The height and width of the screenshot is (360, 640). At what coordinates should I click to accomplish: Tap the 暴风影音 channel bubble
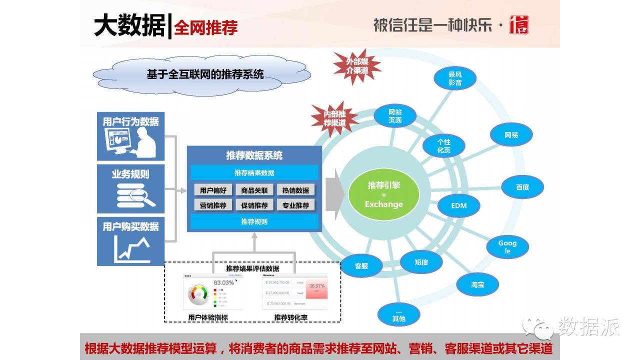pos(454,78)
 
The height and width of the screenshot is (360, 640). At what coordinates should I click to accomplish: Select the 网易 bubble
pos(511,135)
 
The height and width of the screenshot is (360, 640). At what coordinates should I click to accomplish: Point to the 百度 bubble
pos(522,187)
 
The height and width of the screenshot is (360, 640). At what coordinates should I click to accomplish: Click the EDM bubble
pos(458,205)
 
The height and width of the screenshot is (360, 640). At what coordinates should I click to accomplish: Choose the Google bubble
pos(507,246)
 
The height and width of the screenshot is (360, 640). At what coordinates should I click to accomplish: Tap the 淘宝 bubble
pos(477,284)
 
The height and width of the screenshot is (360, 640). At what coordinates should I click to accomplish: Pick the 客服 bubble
pos(361,266)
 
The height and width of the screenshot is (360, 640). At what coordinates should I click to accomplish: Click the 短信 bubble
pos(421,262)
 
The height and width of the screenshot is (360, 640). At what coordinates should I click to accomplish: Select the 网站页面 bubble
pos(395,116)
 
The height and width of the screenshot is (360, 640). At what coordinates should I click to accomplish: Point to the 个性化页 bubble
pos(443,146)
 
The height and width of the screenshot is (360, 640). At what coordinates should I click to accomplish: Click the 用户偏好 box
pos(213,190)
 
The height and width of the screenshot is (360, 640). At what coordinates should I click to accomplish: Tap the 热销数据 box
pos(295,190)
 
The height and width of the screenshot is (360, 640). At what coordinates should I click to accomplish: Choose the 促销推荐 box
pos(254,205)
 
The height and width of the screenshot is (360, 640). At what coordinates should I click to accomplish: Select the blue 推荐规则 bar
pos(254,221)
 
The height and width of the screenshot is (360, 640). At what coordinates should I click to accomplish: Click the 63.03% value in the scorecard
pos(223,282)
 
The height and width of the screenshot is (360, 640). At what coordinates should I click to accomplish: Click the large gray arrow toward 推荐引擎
pos(335,190)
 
